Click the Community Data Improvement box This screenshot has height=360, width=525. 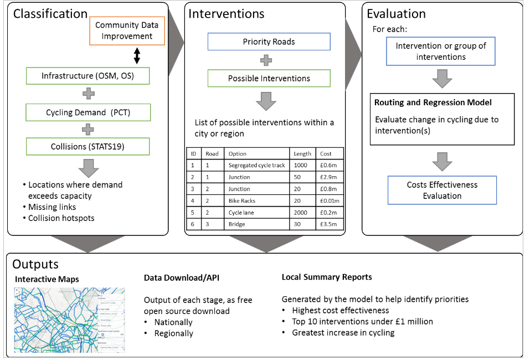(x=127, y=31)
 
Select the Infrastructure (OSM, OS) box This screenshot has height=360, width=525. (x=88, y=76)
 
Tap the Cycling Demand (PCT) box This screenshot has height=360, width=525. (x=88, y=112)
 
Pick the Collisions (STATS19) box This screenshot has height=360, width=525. (x=88, y=146)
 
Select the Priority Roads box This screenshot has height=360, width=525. (x=269, y=42)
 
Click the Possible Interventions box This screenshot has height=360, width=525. (x=269, y=78)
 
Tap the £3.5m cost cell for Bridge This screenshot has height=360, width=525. (x=330, y=224)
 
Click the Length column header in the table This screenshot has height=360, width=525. (x=302, y=153)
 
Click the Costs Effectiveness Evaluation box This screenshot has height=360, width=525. (x=442, y=190)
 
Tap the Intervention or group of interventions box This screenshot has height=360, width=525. (x=441, y=52)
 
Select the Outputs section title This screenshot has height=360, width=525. (x=35, y=264)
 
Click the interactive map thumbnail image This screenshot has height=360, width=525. (x=69, y=320)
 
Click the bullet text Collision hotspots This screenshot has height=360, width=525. (x=61, y=218)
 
